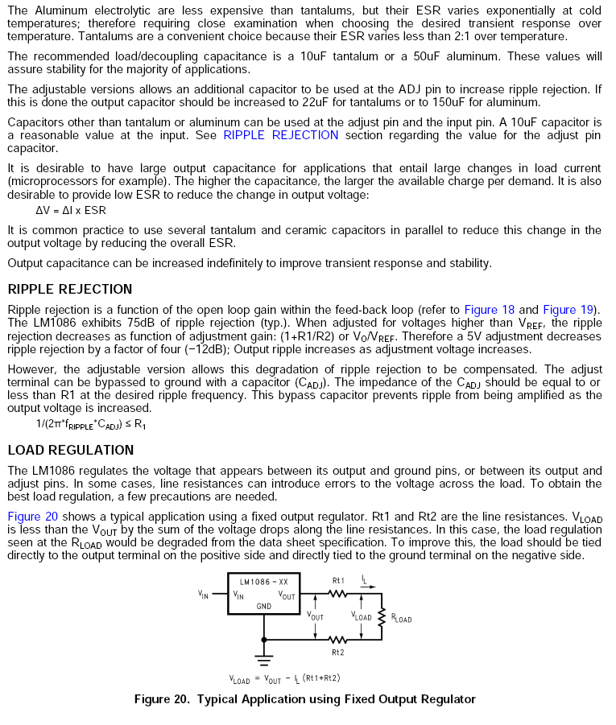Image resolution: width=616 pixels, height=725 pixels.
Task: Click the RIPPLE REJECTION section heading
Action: point(70,290)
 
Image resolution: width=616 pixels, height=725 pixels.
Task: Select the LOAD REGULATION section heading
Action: point(71,450)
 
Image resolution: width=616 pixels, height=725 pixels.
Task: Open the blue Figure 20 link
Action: point(32,517)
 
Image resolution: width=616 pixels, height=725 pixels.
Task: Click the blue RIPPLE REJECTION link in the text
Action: point(281,135)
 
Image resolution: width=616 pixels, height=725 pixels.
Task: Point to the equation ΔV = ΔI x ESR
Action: point(71,210)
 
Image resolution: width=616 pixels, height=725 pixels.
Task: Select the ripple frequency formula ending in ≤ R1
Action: point(91,423)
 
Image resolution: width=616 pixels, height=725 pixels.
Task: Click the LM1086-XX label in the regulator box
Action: point(264,580)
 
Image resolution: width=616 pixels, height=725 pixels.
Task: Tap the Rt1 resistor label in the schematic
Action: point(338,580)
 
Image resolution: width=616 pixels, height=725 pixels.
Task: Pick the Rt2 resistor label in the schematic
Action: point(338,652)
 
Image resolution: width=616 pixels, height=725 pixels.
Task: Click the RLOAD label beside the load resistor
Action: point(401,619)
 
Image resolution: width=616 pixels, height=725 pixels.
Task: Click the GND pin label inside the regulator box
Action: point(263,605)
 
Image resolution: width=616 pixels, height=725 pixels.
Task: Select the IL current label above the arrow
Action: point(364,579)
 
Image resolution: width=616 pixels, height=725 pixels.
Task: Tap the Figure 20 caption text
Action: point(304,698)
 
